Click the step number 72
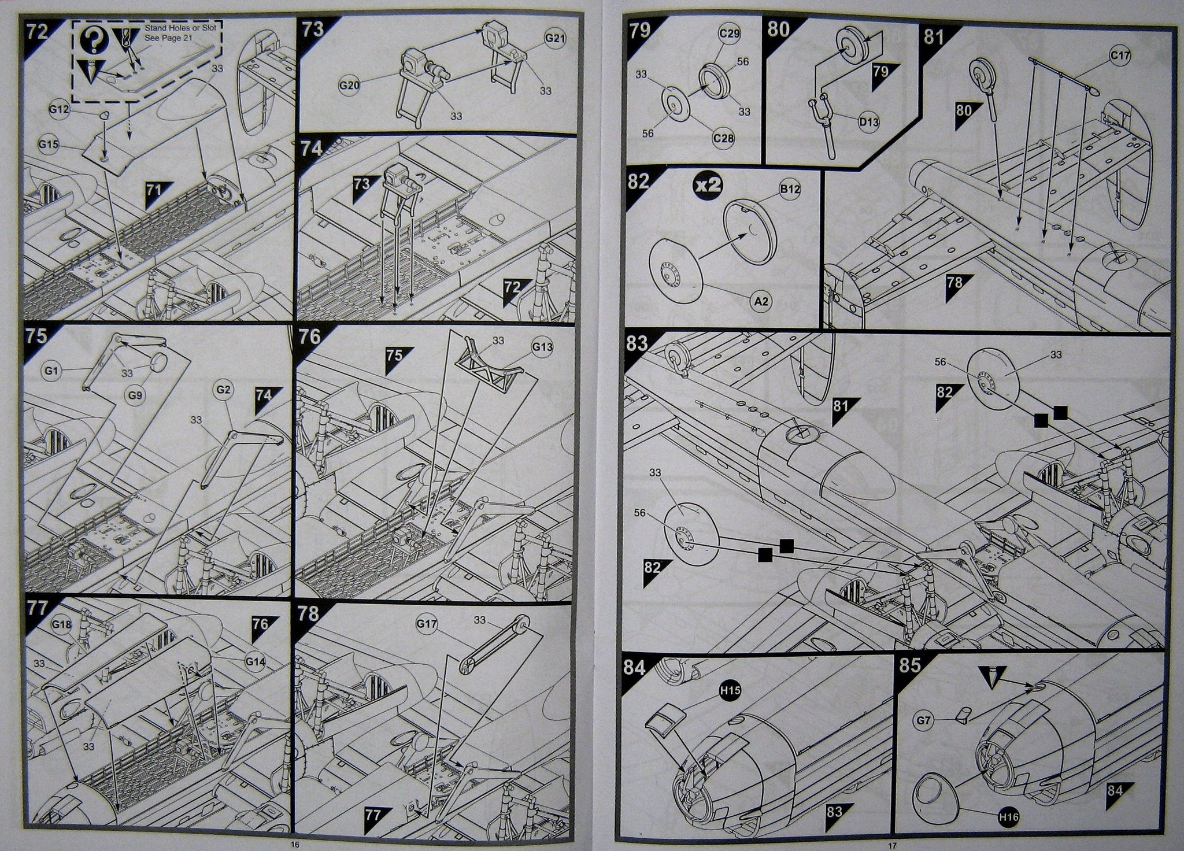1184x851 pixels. click(x=37, y=31)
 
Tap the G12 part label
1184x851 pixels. click(x=60, y=109)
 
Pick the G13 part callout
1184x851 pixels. click(x=542, y=347)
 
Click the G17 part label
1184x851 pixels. click(x=427, y=624)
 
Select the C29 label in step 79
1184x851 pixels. click(x=730, y=34)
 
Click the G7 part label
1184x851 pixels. click(x=924, y=720)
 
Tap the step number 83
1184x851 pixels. click(x=637, y=344)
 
